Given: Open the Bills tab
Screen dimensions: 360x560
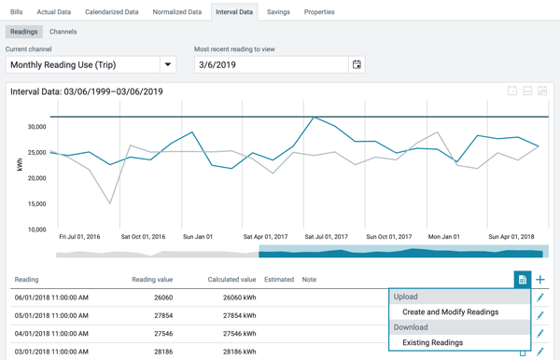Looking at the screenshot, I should tap(16, 12).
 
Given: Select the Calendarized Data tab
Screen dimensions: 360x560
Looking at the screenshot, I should tap(111, 12).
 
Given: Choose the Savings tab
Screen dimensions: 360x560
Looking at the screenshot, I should tap(277, 12).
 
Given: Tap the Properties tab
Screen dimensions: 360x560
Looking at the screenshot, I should tap(319, 12).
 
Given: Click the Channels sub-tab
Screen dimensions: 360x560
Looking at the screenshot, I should tap(63, 32).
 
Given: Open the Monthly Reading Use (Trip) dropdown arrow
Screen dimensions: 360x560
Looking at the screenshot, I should tap(168, 65).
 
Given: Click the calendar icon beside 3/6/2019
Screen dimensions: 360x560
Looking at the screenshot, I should tap(357, 65).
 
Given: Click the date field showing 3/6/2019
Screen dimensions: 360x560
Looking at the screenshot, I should tap(271, 65).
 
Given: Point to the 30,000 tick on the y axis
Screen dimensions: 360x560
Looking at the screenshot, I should tap(37, 127).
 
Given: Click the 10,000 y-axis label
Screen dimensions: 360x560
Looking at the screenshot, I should tap(37, 229).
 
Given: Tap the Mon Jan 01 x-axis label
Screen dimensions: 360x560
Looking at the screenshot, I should tap(444, 237).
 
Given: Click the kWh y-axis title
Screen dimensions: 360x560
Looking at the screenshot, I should tap(20, 164).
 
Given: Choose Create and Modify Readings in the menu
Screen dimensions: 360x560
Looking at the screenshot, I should tap(450, 312).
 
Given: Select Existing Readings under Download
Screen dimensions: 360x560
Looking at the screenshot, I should tap(432, 343).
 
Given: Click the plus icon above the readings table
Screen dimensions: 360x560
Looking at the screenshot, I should tap(540, 280).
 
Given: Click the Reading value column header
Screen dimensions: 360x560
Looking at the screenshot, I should tap(152, 280).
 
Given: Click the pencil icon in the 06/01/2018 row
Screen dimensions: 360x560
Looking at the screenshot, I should tap(540, 298).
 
